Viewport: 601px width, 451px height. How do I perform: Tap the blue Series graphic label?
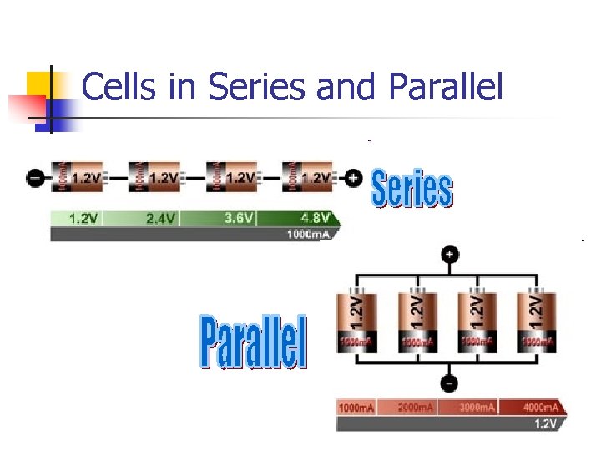pos(412,189)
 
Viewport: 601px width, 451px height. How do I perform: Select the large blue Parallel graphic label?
pos(254,342)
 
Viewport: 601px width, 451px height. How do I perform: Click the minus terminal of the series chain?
pos(36,178)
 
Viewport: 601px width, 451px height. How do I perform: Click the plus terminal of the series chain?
pos(353,177)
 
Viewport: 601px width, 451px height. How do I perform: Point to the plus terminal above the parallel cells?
pos(450,255)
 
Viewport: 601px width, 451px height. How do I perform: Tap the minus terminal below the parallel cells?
pos(449,383)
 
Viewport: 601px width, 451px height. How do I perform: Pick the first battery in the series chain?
pos(78,177)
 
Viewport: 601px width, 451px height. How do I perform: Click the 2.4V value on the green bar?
pos(160,219)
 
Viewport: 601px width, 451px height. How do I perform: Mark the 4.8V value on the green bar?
pos(314,219)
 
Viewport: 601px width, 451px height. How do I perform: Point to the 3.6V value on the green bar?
pos(240,219)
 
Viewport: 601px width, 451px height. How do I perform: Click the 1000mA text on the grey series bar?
pos(309,235)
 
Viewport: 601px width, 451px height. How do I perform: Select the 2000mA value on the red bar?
pos(415,408)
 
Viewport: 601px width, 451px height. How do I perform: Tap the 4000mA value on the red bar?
pos(540,408)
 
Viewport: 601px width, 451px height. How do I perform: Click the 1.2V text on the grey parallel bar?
pos(545,423)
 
